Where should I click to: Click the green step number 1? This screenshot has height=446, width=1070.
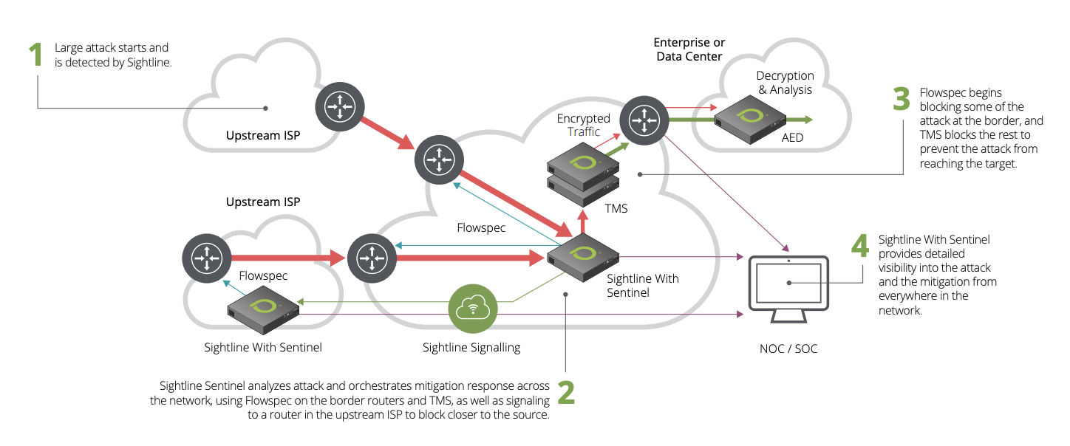pos(35,55)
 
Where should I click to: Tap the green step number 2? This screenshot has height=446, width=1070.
pos(565,394)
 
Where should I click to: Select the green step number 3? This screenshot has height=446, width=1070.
pos(901,100)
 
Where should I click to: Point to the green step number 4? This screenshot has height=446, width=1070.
pos(860,246)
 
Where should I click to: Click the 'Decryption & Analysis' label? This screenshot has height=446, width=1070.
pos(785,83)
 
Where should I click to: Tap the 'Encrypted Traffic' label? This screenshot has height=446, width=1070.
pos(584,125)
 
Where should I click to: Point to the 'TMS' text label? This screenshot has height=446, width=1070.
pos(616,208)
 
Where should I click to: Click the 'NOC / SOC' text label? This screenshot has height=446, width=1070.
pos(788,348)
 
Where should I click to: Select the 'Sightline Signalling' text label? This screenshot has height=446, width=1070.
pos(471,347)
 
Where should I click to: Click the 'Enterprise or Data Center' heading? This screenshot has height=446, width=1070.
pos(689,49)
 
